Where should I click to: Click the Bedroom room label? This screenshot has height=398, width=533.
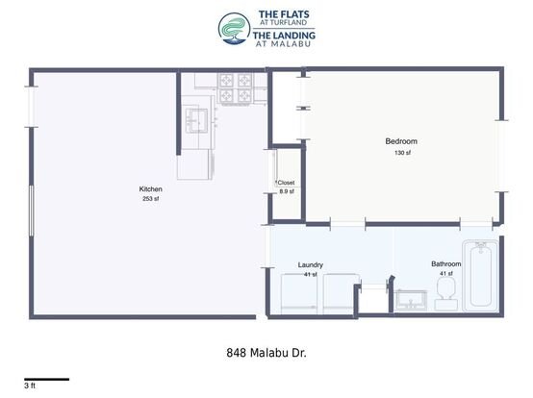pos(401,141)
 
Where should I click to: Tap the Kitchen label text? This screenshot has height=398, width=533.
pos(151,189)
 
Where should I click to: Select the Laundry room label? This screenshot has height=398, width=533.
pos(311,265)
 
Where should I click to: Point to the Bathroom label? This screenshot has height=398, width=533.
pos(446,263)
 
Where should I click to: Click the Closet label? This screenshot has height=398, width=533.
pos(286,183)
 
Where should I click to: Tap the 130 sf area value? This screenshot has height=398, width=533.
pos(402,153)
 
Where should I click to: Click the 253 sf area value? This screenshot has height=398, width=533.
pos(151,199)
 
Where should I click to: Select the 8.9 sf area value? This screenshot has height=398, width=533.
pos(287,191)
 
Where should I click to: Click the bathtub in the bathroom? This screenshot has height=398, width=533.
pos(480,275)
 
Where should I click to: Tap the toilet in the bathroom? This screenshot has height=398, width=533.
pos(446,292)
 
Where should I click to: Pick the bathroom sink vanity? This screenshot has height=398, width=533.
pos(411,301)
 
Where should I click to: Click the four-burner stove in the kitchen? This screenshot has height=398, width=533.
pos(235,87)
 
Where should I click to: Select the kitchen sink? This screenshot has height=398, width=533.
pos(196,121)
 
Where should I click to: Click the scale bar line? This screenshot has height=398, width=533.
pos(46,380)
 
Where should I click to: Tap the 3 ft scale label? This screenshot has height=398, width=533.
pos(30,386)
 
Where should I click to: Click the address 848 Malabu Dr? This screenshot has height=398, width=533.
pos(266,353)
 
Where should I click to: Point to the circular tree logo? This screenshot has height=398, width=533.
pos(235,29)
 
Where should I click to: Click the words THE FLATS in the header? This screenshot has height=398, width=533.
pos(284,14)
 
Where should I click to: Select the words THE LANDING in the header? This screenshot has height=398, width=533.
pos(284,35)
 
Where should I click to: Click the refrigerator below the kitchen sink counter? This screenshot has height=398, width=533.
pos(194,164)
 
